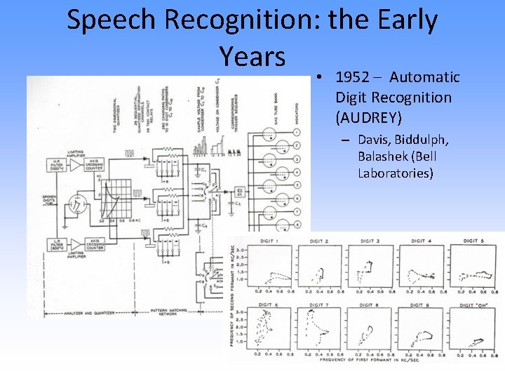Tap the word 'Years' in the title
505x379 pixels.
coord(252,56)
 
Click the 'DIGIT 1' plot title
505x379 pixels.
coord(268,241)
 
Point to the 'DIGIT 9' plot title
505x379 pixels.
coord(422,305)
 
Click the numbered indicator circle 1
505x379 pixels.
coord(297,133)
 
